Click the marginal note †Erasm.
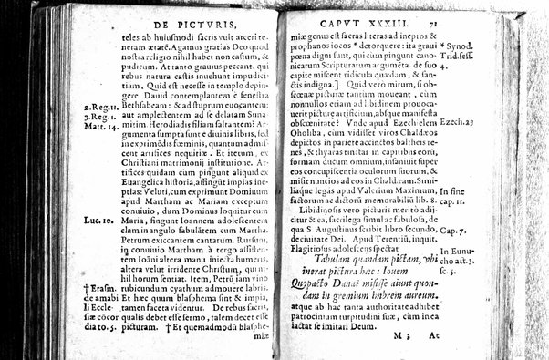(x=83, y=288)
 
